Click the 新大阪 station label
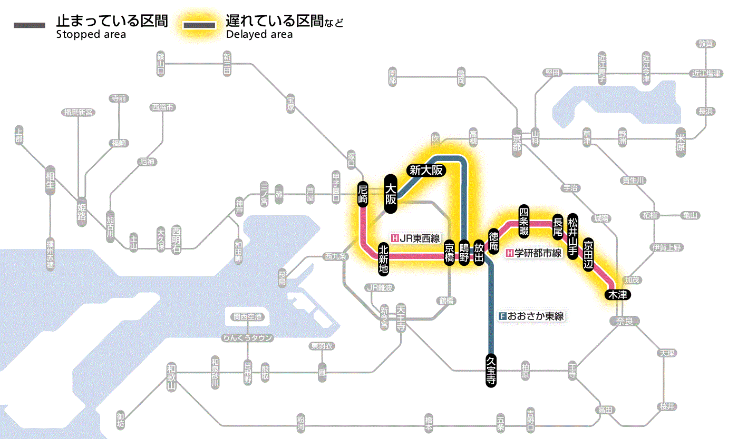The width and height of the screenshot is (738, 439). coord(426,170)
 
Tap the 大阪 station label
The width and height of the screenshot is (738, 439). coord(390,194)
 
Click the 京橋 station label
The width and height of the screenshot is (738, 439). coord(449,254)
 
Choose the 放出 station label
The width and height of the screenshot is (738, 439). coord(479,253)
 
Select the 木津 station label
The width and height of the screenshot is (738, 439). coord(617,295)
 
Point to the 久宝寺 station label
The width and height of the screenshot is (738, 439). coord(491,371)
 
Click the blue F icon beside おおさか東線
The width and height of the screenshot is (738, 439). coord(502,316)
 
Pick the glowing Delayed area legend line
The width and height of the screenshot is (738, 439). coord(198,25)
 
